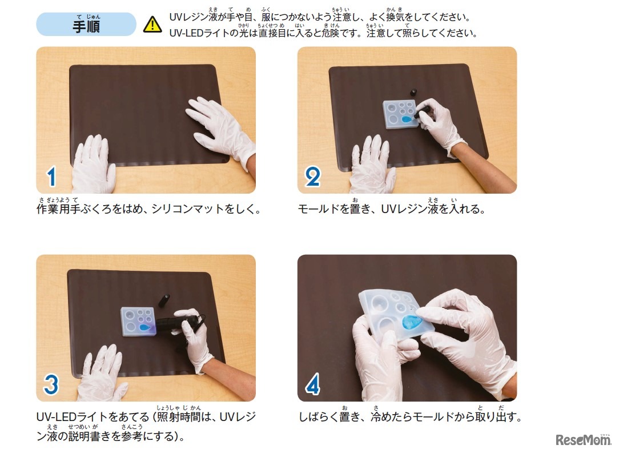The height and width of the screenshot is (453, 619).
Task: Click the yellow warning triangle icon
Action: click(152, 25)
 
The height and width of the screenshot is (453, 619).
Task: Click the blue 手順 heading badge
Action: click(86, 24)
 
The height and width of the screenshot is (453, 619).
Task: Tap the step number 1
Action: click(51, 177)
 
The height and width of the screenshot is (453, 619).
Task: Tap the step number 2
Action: click(313, 177)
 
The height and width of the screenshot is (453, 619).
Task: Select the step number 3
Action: click(51, 384)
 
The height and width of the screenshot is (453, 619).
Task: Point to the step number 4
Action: click(313, 384)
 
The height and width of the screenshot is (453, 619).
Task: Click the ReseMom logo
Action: click(583, 439)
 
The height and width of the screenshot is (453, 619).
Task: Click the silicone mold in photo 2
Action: click(400, 114)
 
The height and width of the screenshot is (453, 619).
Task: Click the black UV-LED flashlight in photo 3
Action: click(174, 324)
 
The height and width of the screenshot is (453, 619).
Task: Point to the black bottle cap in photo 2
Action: click(413, 93)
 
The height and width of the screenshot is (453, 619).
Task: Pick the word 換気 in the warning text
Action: click(395, 17)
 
